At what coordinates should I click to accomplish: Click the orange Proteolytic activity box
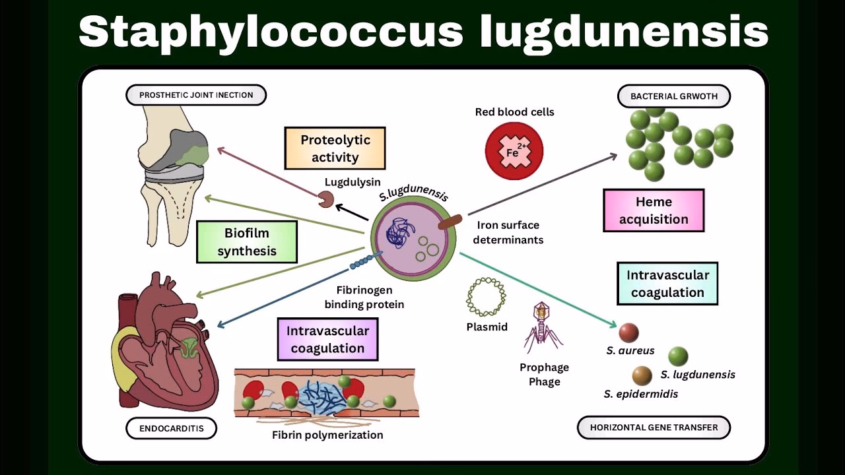click(x=335, y=148)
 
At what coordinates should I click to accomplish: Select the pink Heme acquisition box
click(x=654, y=210)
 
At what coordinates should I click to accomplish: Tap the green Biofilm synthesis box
click(x=247, y=241)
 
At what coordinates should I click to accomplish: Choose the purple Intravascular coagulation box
click(x=327, y=339)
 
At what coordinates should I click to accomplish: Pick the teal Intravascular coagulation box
click(x=667, y=284)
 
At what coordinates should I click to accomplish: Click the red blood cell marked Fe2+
click(x=514, y=151)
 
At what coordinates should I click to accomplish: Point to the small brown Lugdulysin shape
click(x=326, y=199)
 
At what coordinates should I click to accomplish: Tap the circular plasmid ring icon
click(x=486, y=297)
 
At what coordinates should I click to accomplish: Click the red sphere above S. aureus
click(x=628, y=332)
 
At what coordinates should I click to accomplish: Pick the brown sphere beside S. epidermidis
click(x=642, y=375)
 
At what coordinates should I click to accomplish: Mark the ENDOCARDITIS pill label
click(x=172, y=428)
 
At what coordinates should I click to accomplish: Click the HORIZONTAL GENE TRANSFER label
click(x=654, y=427)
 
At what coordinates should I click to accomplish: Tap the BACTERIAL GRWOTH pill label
click(x=673, y=96)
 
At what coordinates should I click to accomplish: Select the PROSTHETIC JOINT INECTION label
click(x=196, y=95)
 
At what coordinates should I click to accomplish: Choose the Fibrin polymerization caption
click(x=327, y=435)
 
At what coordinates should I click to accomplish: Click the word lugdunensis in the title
click(x=624, y=31)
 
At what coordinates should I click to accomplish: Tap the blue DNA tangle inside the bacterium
click(x=399, y=234)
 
